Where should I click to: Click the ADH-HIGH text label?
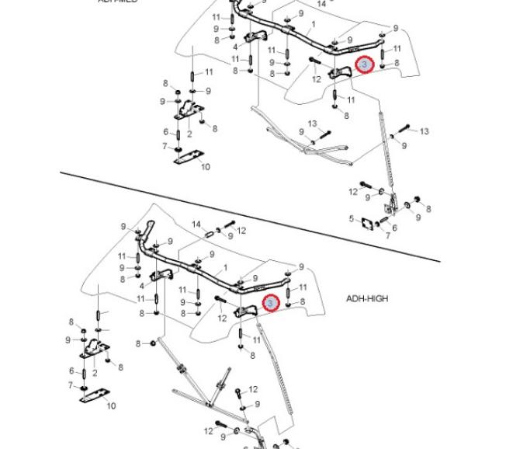pos(367,298)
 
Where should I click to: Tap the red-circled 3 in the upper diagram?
pos(364,65)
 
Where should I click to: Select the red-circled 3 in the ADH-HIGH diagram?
pos(270,303)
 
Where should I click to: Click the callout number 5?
pos(351,218)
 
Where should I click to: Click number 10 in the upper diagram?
pos(206,166)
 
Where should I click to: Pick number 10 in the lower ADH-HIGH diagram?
pos(111,405)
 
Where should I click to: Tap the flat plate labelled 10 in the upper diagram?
pos(185,157)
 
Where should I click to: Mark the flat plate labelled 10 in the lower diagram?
pos(92,396)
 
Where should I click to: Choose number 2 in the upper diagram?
pos(189,134)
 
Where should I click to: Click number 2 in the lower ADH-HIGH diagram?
pos(95,373)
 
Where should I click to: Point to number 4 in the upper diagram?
pos(235,47)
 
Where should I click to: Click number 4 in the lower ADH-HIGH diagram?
pos(141,286)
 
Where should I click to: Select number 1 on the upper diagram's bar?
pos(313,25)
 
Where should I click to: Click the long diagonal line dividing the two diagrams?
pos(248,216)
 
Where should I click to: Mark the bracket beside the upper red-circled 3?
pos(339,73)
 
